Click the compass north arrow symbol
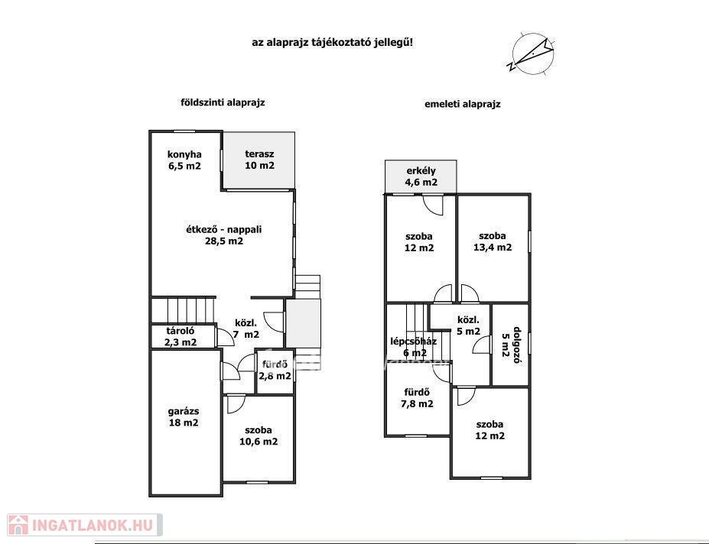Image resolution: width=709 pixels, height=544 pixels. point(532,53)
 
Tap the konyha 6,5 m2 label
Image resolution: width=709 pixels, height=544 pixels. point(184,160)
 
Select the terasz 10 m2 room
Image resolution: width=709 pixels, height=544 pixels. point(259,160)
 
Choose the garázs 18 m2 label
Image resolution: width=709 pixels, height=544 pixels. point(183,417)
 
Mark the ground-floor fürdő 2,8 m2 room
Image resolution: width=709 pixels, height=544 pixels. point(275,371)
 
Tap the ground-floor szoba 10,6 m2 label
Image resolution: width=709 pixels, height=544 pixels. point(259,436)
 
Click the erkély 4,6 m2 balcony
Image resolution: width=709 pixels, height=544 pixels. point(421,176)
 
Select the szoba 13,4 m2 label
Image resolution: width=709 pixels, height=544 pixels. point(493,241)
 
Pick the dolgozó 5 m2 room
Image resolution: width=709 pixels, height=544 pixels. point(510,345)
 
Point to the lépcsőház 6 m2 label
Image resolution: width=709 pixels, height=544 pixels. point(414,347)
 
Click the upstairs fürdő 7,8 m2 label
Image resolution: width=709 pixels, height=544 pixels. point(417,398)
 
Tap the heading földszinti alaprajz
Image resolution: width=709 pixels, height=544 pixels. point(223,102)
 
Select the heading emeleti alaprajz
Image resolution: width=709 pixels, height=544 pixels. point(462,105)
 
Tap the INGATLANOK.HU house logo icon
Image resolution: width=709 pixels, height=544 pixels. point(18,525)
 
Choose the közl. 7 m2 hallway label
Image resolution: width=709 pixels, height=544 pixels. point(246,329)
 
